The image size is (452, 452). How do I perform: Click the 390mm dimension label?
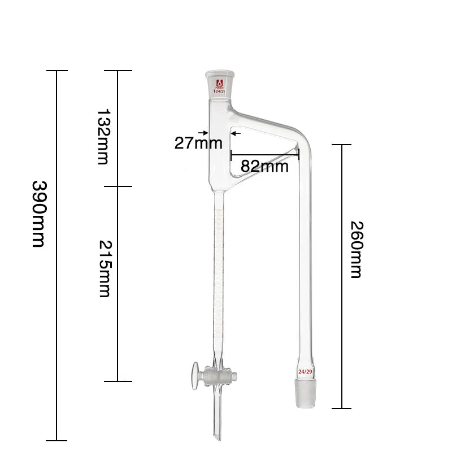38,214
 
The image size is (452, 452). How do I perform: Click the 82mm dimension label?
265,166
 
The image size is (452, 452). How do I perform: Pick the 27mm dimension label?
198,142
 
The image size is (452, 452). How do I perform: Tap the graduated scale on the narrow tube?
217,271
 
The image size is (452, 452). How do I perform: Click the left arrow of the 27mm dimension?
202,133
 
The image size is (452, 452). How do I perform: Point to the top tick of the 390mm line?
56,71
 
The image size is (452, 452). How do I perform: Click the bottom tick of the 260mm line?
341,408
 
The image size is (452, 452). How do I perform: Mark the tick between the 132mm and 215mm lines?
118,186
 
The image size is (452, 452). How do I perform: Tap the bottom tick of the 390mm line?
56,440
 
